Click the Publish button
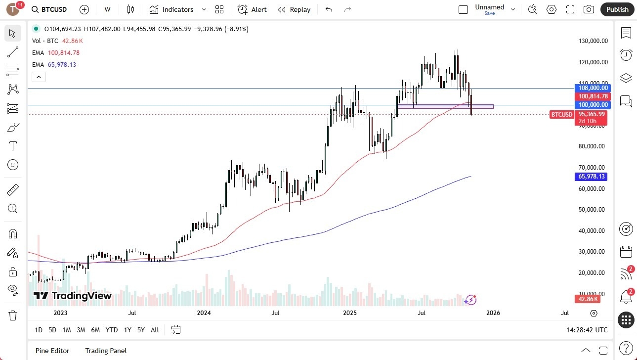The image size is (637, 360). click(x=617, y=9)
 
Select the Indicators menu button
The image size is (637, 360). click(x=171, y=9)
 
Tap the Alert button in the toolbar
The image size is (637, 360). click(x=252, y=9)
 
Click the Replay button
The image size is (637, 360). click(x=294, y=9)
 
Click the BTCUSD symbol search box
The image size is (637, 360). click(x=49, y=9)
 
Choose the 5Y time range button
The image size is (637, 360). click(x=141, y=330)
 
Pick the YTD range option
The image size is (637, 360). click(x=112, y=330)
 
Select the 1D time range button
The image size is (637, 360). click(x=39, y=330)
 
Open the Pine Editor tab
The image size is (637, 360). click(x=52, y=351)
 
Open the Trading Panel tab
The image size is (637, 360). click(x=106, y=351)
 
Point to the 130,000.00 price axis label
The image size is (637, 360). click(x=593, y=41)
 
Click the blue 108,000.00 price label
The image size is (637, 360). click(x=593, y=88)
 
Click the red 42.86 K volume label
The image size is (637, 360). click(x=587, y=299)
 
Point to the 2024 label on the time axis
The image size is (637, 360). click(x=204, y=313)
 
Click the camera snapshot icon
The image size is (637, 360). click(x=589, y=9)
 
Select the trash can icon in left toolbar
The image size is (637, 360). click(x=13, y=315)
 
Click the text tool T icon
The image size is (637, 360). click(x=13, y=146)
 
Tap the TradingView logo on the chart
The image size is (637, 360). click(x=73, y=296)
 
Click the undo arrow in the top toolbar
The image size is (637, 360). click(x=329, y=9)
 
